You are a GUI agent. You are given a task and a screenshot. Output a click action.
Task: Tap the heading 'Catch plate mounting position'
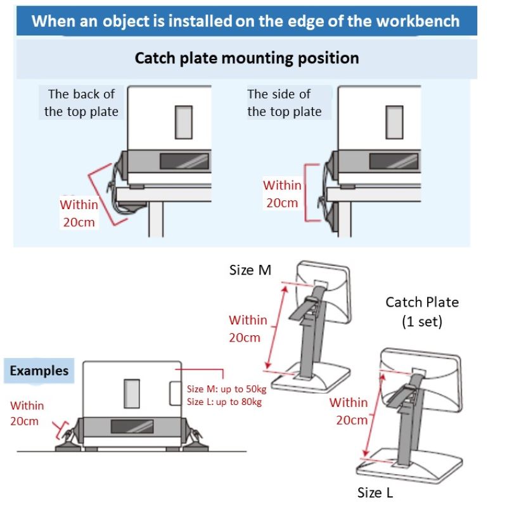[247, 58]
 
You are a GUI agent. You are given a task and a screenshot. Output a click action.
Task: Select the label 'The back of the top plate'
[81, 103]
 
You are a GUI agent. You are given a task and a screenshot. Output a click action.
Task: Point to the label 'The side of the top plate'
[284, 103]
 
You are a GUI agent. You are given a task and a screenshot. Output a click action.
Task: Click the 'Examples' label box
[39, 371]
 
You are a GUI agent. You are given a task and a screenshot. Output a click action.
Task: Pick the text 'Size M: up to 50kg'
[227, 388]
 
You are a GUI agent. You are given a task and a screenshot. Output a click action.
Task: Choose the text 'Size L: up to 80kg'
[224, 402]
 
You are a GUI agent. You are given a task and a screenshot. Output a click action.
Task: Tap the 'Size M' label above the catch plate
[250, 270]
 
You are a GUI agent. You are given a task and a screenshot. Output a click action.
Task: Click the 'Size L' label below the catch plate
[375, 493]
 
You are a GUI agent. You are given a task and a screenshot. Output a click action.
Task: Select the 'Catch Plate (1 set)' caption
[422, 312]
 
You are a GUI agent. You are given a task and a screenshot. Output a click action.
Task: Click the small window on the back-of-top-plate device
[184, 122]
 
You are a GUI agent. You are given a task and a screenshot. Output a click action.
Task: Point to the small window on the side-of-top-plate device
[394, 122]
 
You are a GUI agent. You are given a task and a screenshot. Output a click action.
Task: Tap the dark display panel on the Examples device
[132, 427]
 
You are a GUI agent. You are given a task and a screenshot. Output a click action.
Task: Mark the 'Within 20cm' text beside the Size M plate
[248, 329]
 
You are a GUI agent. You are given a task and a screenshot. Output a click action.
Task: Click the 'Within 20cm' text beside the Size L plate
[349, 411]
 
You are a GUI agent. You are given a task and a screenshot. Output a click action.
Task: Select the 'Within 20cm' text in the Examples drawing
[27, 413]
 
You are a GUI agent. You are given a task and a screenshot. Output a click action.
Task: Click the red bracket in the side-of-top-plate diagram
[305, 193]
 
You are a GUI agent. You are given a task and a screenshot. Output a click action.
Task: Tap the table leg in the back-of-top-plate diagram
[156, 219]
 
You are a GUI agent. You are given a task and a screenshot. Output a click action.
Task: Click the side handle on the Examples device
[176, 393]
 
